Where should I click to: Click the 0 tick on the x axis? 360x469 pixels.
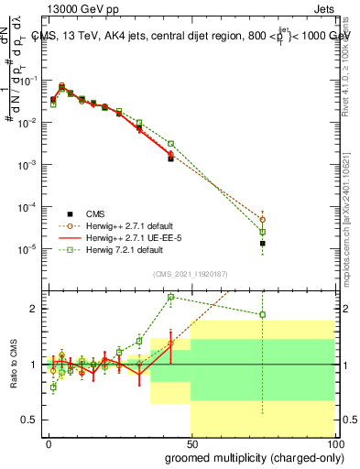(x=48, y=441)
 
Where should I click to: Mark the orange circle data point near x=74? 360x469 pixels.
(x=263, y=220)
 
